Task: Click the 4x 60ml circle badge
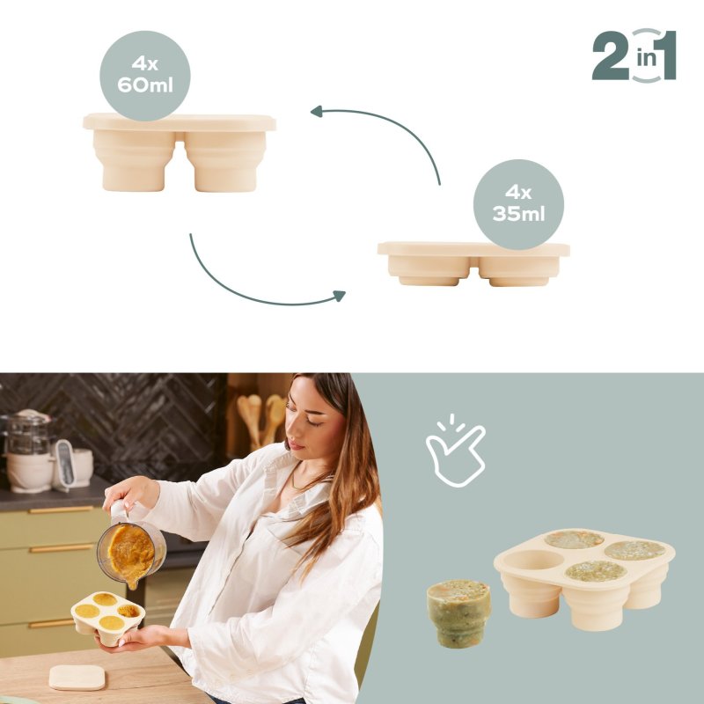pos(145,76)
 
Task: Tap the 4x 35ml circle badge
pos(518,204)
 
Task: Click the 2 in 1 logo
pos(634,55)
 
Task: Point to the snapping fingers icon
pos(455,451)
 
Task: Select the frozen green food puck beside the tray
pos(458,613)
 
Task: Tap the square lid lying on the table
pos(77,678)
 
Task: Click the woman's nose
pos(292,432)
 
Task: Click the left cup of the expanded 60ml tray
pos(134,161)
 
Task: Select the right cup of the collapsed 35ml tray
pos(519,271)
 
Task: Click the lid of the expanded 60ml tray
pos(180,122)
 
